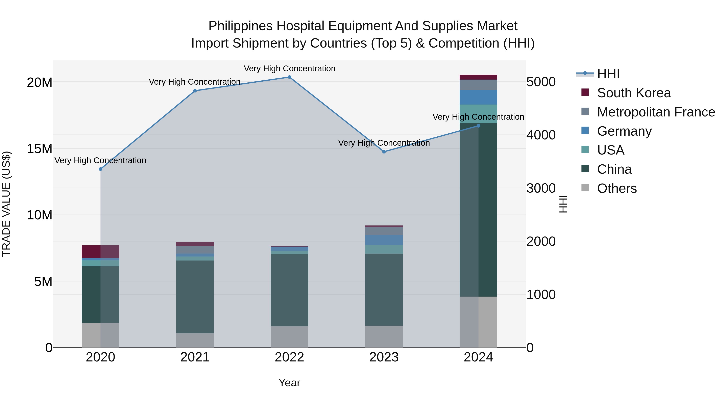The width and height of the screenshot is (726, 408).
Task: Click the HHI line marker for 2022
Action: tap(289, 77)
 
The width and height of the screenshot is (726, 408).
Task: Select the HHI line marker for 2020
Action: tap(100, 169)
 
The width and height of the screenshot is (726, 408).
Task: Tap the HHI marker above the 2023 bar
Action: tap(384, 152)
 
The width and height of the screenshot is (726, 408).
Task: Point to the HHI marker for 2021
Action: tap(195, 91)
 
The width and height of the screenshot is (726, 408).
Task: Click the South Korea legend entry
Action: tap(634, 93)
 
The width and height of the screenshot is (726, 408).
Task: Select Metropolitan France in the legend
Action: tap(656, 112)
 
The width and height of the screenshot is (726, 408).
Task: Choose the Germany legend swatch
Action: tap(585, 131)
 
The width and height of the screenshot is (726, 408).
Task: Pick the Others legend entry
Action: tap(617, 188)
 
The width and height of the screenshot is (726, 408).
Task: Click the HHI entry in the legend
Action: tap(608, 74)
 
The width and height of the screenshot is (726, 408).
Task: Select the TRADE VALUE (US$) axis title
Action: tap(6, 204)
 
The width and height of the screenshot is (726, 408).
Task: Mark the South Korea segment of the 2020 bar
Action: tap(100, 251)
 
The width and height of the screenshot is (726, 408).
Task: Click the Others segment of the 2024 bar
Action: tap(478, 322)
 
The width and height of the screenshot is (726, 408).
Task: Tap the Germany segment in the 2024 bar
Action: tap(478, 97)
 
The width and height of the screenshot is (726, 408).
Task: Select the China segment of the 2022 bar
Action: tap(289, 290)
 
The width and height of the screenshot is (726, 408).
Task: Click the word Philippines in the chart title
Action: tap(240, 26)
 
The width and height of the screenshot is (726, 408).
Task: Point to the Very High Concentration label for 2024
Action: tap(478, 117)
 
